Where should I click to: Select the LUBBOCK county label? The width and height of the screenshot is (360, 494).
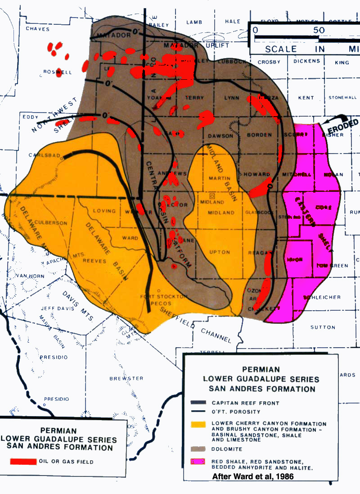tap(233, 62)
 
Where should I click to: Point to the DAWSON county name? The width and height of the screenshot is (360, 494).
tap(220, 136)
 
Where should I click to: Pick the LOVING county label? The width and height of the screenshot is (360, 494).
tap(104, 211)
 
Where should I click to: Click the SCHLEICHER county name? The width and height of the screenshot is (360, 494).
tap(319, 298)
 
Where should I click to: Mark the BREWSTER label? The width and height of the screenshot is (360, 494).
tap(126, 378)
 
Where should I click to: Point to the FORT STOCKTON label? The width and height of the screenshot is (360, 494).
tap(163, 296)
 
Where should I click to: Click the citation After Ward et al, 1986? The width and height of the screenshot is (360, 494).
tap(253, 476)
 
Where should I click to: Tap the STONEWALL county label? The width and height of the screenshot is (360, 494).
tap(342, 98)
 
